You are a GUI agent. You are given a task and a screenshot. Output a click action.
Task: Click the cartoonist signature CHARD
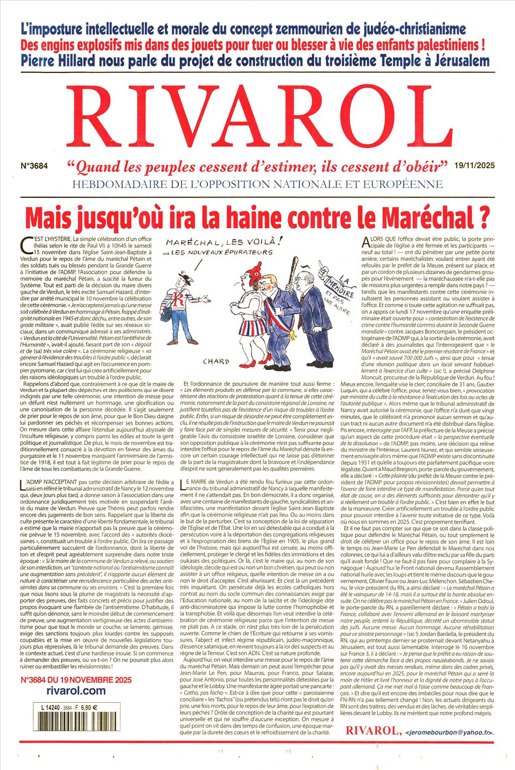pyautogui.click(x=217, y=361)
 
